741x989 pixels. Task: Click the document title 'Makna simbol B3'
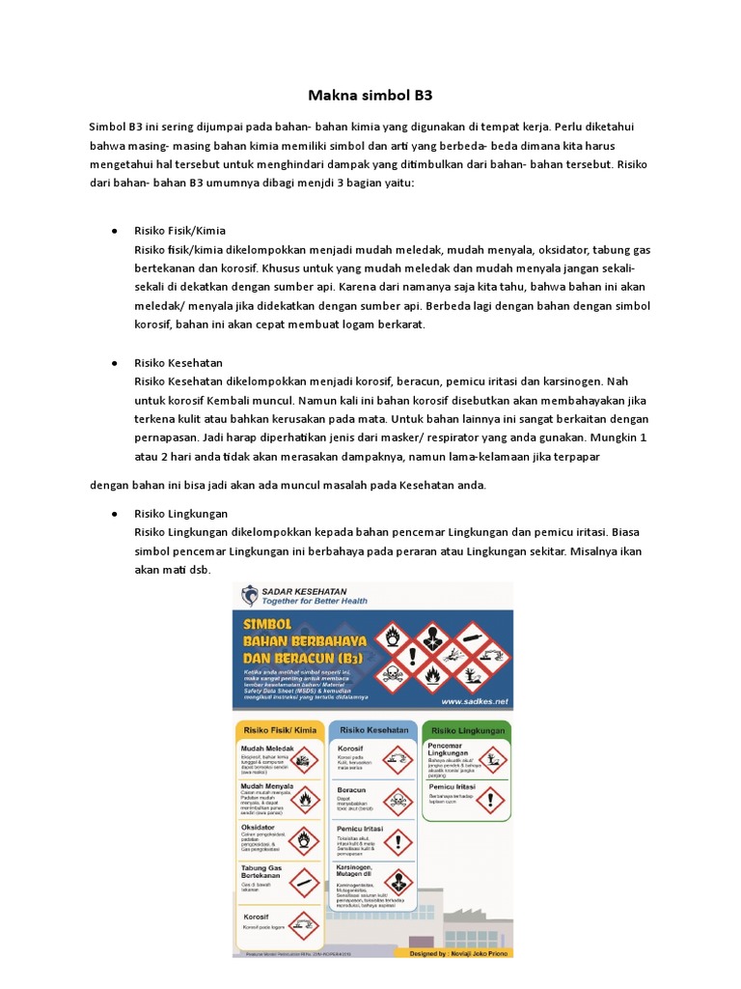pyautogui.click(x=370, y=96)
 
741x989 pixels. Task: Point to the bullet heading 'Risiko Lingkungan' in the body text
pyautogui.click(x=181, y=514)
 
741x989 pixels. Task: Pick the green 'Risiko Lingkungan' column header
pyautogui.click(x=468, y=731)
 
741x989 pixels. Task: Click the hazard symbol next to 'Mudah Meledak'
pyautogui.click(x=303, y=763)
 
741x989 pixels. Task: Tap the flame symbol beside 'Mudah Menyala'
pyautogui.click(x=303, y=800)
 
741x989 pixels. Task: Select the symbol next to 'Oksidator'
pyautogui.click(x=303, y=840)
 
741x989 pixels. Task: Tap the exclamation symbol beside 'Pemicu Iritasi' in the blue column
pyautogui.click(x=397, y=839)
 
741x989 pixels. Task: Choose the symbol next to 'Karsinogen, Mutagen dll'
pyautogui.click(x=397, y=882)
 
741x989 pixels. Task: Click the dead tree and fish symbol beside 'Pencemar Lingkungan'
pyautogui.click(x=492, y=762)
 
